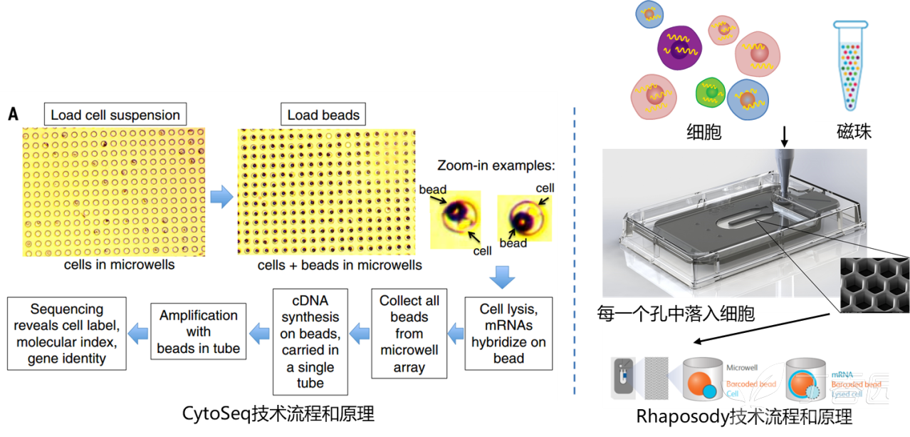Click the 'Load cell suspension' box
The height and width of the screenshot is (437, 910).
coord(115,115)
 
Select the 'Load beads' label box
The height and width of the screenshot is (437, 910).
coord(323,115)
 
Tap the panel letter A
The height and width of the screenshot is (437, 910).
coord(13,114)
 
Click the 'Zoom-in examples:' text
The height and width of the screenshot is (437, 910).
coord(496,165)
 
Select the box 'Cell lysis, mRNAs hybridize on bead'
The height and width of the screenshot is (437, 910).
coord(508,334)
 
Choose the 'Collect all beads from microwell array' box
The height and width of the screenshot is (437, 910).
coord(409,334)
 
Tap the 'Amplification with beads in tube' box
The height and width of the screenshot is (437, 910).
coord(199,332)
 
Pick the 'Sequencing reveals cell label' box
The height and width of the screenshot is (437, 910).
coord(67,334)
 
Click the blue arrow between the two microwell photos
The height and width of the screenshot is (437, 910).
coord(221,196)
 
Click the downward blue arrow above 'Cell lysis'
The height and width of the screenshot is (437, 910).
coord(503,276)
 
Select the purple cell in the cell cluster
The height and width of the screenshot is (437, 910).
coord(679,48)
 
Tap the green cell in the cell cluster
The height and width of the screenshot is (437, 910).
coord(710,92)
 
